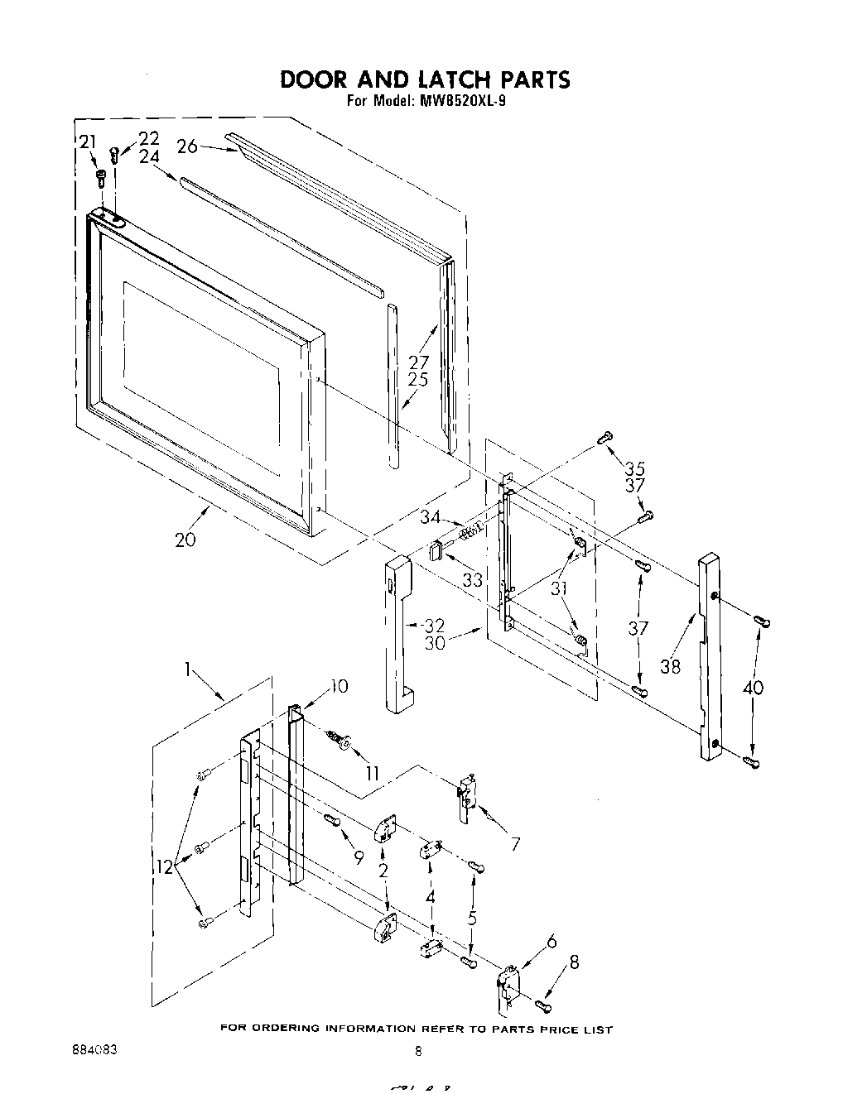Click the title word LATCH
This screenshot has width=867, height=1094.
(446, 79)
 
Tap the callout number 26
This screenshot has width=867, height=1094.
(188, 146)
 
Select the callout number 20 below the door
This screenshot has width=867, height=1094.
(186, 540)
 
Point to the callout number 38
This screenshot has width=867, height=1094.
(671, 666)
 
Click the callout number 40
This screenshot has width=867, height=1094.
(754, 687)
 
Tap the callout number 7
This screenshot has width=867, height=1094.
(515, 844)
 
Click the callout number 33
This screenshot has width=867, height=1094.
(472, 580)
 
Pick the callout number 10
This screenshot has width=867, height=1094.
(339, 685)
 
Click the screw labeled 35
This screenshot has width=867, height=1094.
(605, 437)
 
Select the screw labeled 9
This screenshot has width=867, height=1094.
(332, 820)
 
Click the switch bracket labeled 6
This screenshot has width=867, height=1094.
(507, 981)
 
